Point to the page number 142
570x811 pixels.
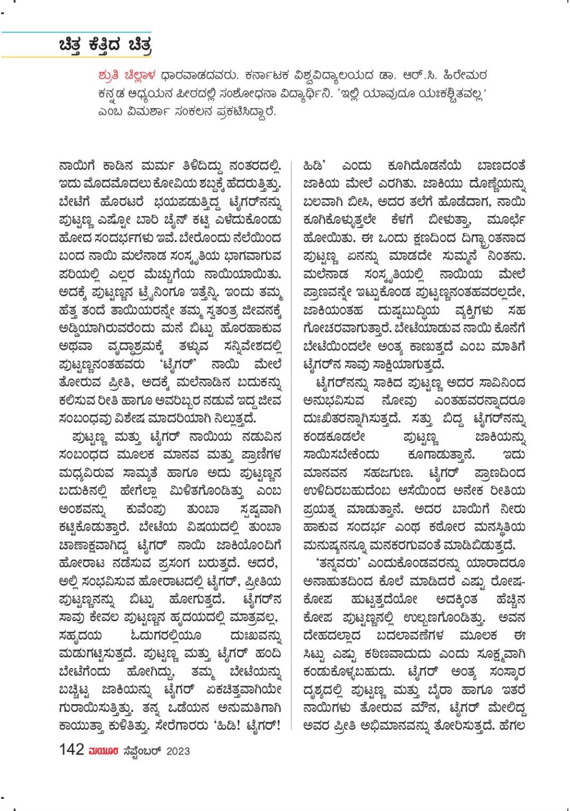[x=71, y=750]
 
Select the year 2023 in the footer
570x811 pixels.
[x=178, y=751]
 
